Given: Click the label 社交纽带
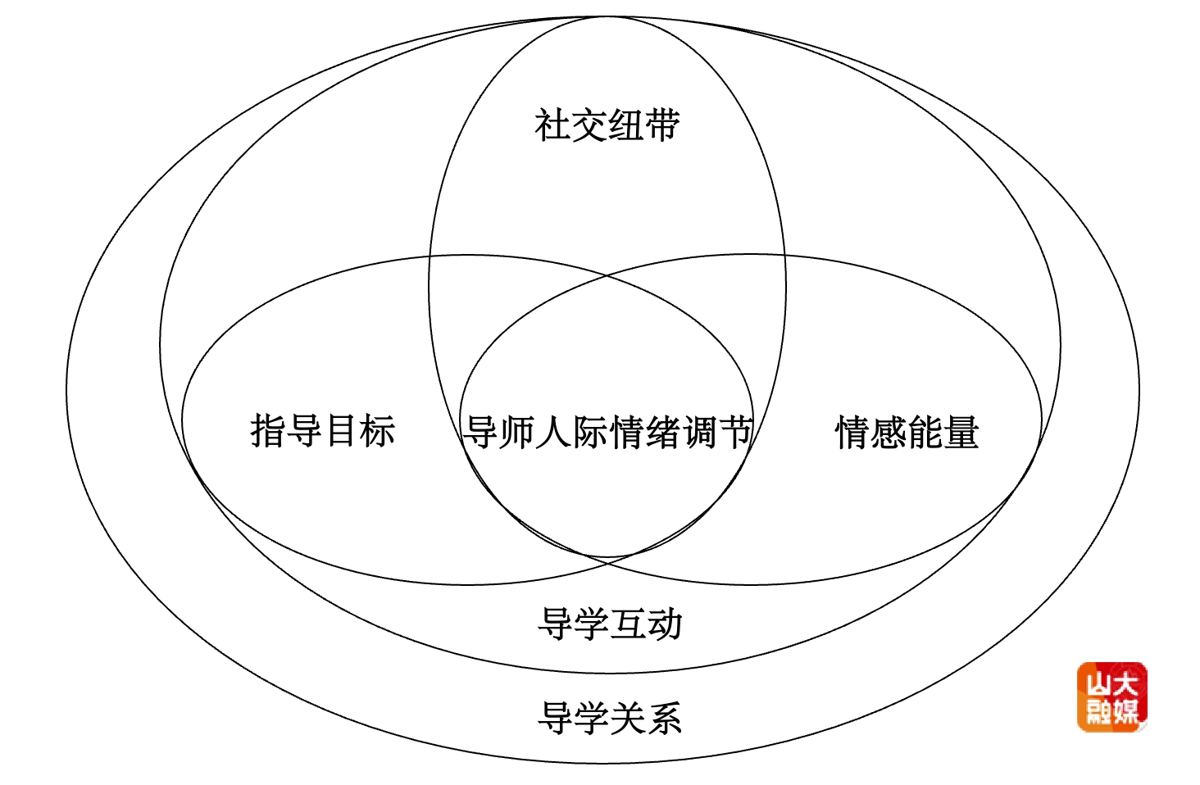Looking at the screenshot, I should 607,125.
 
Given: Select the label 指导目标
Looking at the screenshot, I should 322,431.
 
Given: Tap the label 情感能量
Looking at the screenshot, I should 907,433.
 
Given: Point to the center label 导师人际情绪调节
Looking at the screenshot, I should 607,432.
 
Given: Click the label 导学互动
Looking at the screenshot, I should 610,624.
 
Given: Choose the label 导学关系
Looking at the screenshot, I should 610,719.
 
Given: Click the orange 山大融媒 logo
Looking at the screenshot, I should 1111,697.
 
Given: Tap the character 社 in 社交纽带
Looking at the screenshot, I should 552,125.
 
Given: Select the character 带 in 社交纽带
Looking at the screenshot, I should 661,125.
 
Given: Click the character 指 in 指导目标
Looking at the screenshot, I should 268,431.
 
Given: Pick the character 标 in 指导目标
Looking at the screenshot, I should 377,431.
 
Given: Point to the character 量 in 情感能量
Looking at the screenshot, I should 961,433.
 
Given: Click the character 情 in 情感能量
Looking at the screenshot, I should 852,433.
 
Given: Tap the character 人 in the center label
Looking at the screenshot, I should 553,432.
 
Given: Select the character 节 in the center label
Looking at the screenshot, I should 735,432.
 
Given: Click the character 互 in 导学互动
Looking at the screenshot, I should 628,624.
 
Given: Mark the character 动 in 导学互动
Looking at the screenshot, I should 665,624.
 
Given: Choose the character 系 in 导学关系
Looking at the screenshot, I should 665,719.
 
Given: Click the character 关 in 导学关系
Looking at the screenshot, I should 628,719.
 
